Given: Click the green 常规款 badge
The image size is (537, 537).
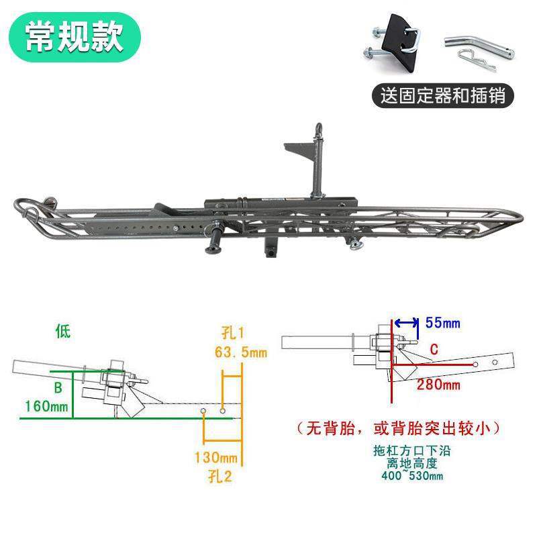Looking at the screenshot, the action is (x=75, y=39).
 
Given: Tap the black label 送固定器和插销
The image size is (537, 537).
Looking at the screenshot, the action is (x=442, y=95).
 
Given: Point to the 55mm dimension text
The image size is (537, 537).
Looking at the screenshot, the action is (x=443, y=324).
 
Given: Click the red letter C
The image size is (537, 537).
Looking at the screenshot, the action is (x=434, y=349).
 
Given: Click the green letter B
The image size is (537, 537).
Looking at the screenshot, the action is (x=58, y=387).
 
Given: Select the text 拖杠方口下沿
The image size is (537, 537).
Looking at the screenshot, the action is (x=410, y=451).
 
